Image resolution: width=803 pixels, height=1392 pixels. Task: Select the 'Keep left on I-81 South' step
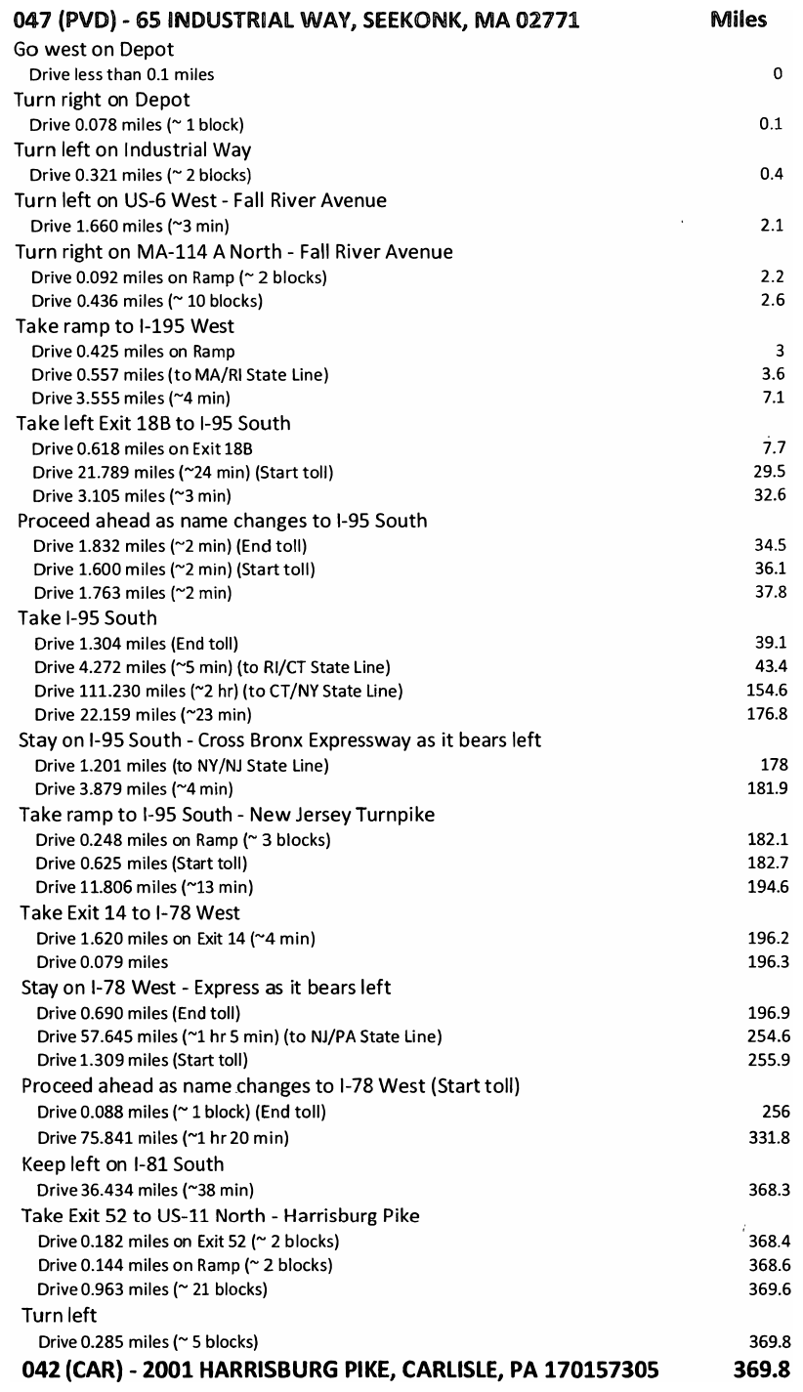[122, 1164]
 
